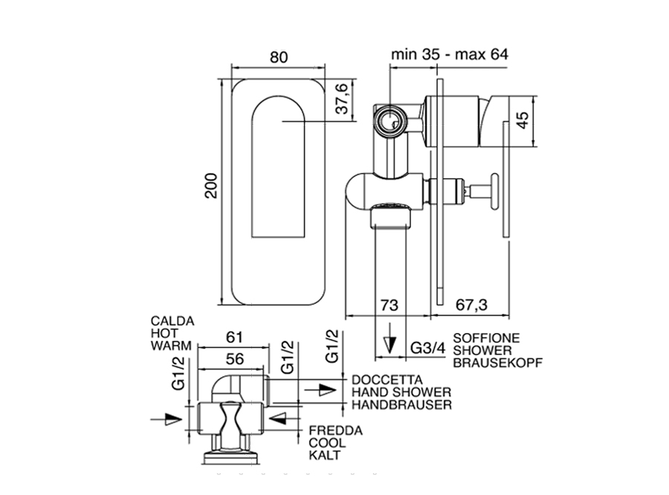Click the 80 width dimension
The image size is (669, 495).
278,57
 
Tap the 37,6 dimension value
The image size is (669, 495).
343,98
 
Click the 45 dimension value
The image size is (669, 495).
525,120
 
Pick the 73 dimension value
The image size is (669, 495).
390,305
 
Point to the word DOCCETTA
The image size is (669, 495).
382,378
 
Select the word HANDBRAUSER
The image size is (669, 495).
402,404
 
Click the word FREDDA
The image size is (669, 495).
335,430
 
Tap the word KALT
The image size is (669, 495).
324,455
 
